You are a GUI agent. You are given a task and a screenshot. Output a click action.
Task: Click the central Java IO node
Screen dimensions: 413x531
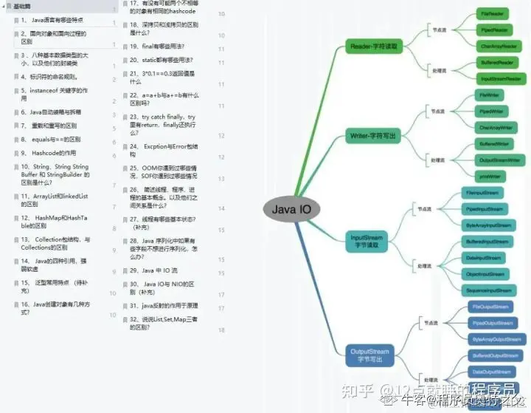pos(291,209)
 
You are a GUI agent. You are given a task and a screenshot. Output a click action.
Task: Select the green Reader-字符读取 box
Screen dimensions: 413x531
pos(375,47)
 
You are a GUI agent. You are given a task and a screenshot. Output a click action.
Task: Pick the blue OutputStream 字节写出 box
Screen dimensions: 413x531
pos(369,355)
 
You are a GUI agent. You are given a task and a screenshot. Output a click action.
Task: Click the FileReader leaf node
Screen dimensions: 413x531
pos(492,14)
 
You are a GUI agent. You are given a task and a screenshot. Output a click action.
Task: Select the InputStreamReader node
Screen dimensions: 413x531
pos(502,78)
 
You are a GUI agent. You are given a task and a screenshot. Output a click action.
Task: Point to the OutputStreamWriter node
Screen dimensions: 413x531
pos(500,160)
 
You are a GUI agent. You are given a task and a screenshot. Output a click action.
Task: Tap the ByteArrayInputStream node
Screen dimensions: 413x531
pos(488,224)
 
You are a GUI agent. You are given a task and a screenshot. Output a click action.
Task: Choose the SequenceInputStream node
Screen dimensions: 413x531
pos(488,290)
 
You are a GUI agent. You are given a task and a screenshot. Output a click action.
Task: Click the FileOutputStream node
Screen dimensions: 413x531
pos(490,307)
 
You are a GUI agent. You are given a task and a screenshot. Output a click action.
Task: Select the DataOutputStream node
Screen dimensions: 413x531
pos(491,372)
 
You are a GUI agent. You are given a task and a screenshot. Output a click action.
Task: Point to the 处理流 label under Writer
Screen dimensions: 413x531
pos(440,160)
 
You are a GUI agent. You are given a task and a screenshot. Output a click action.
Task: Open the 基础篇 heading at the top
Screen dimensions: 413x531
pos(23,6)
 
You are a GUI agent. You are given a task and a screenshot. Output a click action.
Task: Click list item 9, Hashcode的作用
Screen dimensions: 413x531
pos(49,153)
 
